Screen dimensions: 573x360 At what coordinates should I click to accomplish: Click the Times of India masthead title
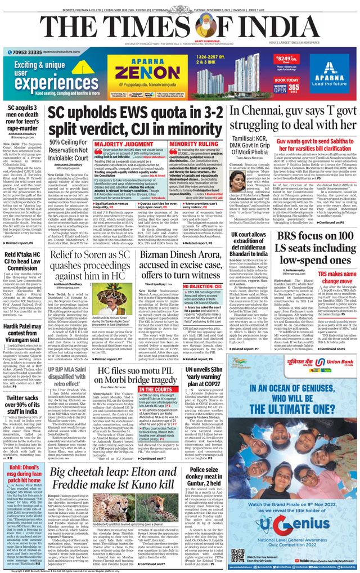[179, 26]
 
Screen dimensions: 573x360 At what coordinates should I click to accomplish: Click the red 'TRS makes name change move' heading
[335, 276]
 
